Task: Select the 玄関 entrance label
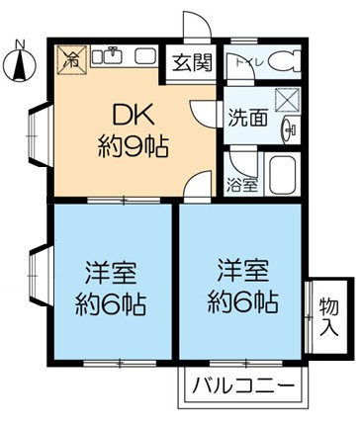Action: click(193, 64)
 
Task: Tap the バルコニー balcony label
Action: click(242, 385)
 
